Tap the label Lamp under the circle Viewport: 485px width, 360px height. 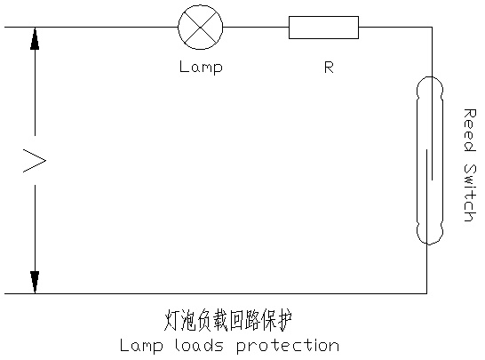tap(201, 68)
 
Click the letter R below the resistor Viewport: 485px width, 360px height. tap(329, 68)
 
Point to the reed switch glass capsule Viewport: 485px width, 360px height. tap(417, 161)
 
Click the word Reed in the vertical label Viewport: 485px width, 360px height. tap(470, 130)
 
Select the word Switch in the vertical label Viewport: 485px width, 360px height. tap(470, 192)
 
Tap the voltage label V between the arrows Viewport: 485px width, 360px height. tap(35, 160)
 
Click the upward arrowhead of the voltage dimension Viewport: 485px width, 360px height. tap(35, 39)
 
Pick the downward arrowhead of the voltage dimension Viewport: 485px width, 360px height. tap(35, 282)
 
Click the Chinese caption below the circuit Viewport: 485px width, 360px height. tap(228, 320)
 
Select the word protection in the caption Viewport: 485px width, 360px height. tap(288, 346)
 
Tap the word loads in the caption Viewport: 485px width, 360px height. tap(199, 345)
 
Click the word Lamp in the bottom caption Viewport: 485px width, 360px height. tap(141, 346)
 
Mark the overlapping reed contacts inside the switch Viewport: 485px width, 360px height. tap(430, 164)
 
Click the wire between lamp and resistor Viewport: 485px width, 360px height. tap(256, 28)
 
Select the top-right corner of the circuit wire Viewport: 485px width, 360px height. tap(432, 28)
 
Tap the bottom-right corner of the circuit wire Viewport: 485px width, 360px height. tap(427, 293)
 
